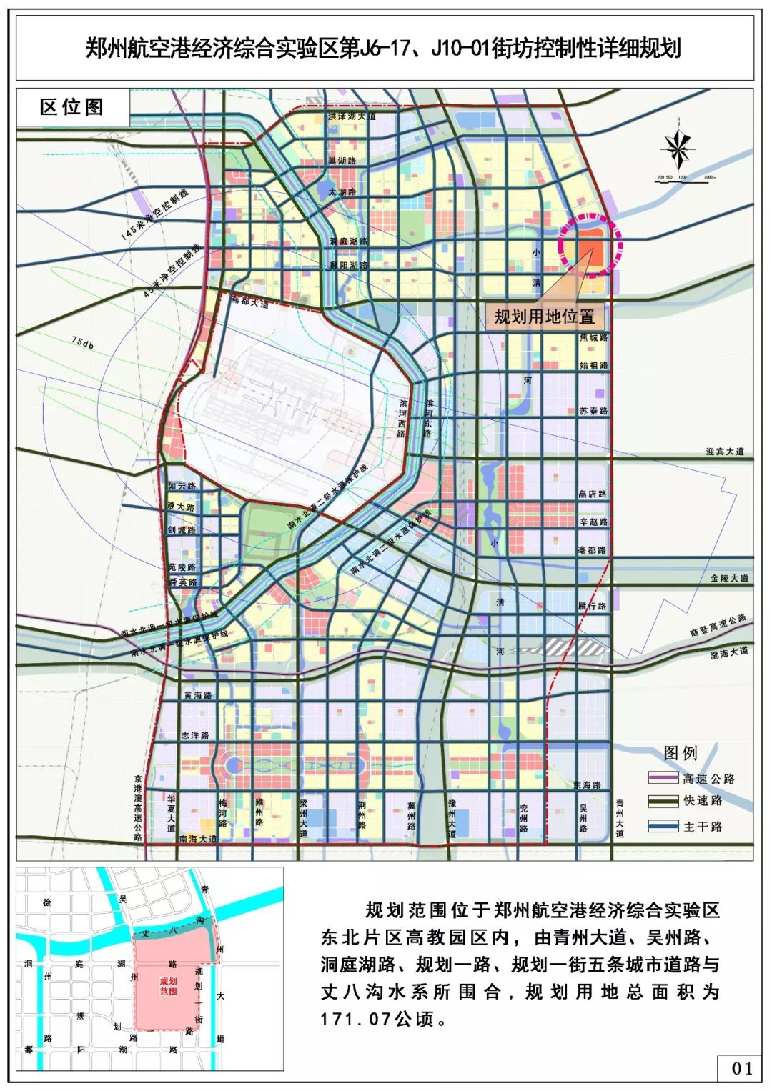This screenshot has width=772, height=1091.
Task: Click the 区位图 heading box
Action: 72,108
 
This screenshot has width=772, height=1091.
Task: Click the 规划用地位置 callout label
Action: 545,317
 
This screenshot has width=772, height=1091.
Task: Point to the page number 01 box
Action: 742,1068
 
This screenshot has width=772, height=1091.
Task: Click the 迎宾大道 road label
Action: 725,452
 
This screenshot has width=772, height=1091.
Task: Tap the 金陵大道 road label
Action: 729,578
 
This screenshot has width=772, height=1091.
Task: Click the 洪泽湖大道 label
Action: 351,116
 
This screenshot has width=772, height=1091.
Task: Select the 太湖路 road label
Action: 342,192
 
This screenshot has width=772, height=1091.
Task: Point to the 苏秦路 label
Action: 593,411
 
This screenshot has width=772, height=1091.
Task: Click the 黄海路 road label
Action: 197,695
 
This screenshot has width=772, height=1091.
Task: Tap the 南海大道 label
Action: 197,839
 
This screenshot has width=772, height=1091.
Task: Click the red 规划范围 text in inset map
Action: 169,987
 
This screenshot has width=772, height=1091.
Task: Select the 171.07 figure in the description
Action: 355,1019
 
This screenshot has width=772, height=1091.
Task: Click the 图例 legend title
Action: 680,753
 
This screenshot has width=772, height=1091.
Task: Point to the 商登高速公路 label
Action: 718,625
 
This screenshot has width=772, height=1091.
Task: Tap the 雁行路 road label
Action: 592,606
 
